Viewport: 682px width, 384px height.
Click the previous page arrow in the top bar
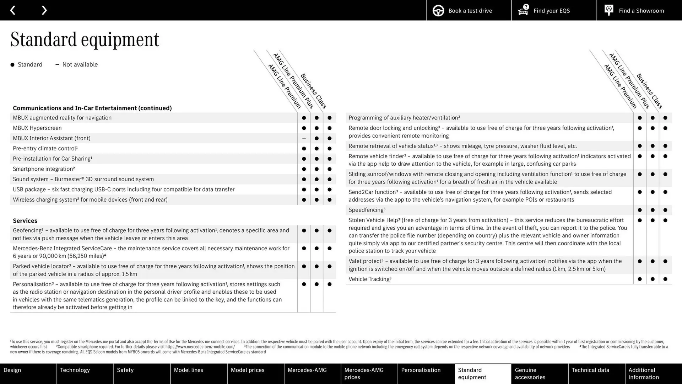tap(13, 10)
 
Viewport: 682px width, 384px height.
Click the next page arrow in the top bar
tap(44, 10)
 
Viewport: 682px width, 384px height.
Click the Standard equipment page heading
tap(85, 39)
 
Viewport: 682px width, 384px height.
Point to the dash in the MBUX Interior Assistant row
tap(304, 138)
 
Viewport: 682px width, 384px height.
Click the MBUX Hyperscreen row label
tap(37, 128)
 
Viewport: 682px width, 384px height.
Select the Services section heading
tap(25, 221)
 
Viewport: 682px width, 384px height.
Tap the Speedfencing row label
tap(367, 210)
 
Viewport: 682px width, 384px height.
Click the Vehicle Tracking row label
tap(370, 279)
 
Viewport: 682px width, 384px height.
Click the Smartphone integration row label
tap(44, 169)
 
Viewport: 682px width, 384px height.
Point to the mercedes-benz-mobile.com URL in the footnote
tap(200, 347)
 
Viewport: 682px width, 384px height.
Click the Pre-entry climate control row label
tap(45, 149)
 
